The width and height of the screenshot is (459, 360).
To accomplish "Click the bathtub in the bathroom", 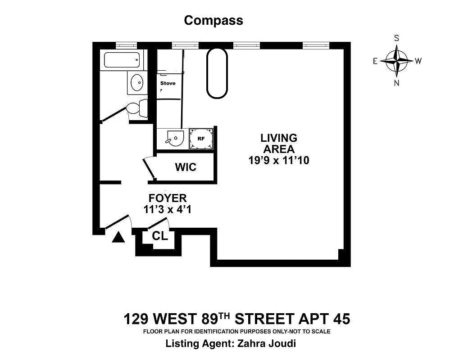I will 122,60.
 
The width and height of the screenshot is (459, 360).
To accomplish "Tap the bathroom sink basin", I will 137,82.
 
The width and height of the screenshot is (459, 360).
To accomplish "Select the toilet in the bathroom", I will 136,108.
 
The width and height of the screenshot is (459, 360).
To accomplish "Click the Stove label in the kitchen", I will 168,83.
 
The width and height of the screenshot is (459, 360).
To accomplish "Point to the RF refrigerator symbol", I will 201,139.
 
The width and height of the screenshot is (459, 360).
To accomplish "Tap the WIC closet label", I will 186,167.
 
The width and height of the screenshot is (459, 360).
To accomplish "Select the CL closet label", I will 160,235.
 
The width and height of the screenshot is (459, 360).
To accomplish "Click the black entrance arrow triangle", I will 118,237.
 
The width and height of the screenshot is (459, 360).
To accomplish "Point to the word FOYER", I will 168,198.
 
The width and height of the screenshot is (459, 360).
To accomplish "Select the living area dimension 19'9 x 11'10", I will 279,160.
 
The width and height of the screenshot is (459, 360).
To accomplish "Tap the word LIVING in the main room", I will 279,138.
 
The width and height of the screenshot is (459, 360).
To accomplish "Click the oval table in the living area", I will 217,72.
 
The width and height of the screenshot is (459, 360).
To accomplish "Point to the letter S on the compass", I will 396,38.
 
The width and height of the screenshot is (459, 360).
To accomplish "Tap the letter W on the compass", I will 418,62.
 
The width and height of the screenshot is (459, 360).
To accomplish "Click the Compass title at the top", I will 214,20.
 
